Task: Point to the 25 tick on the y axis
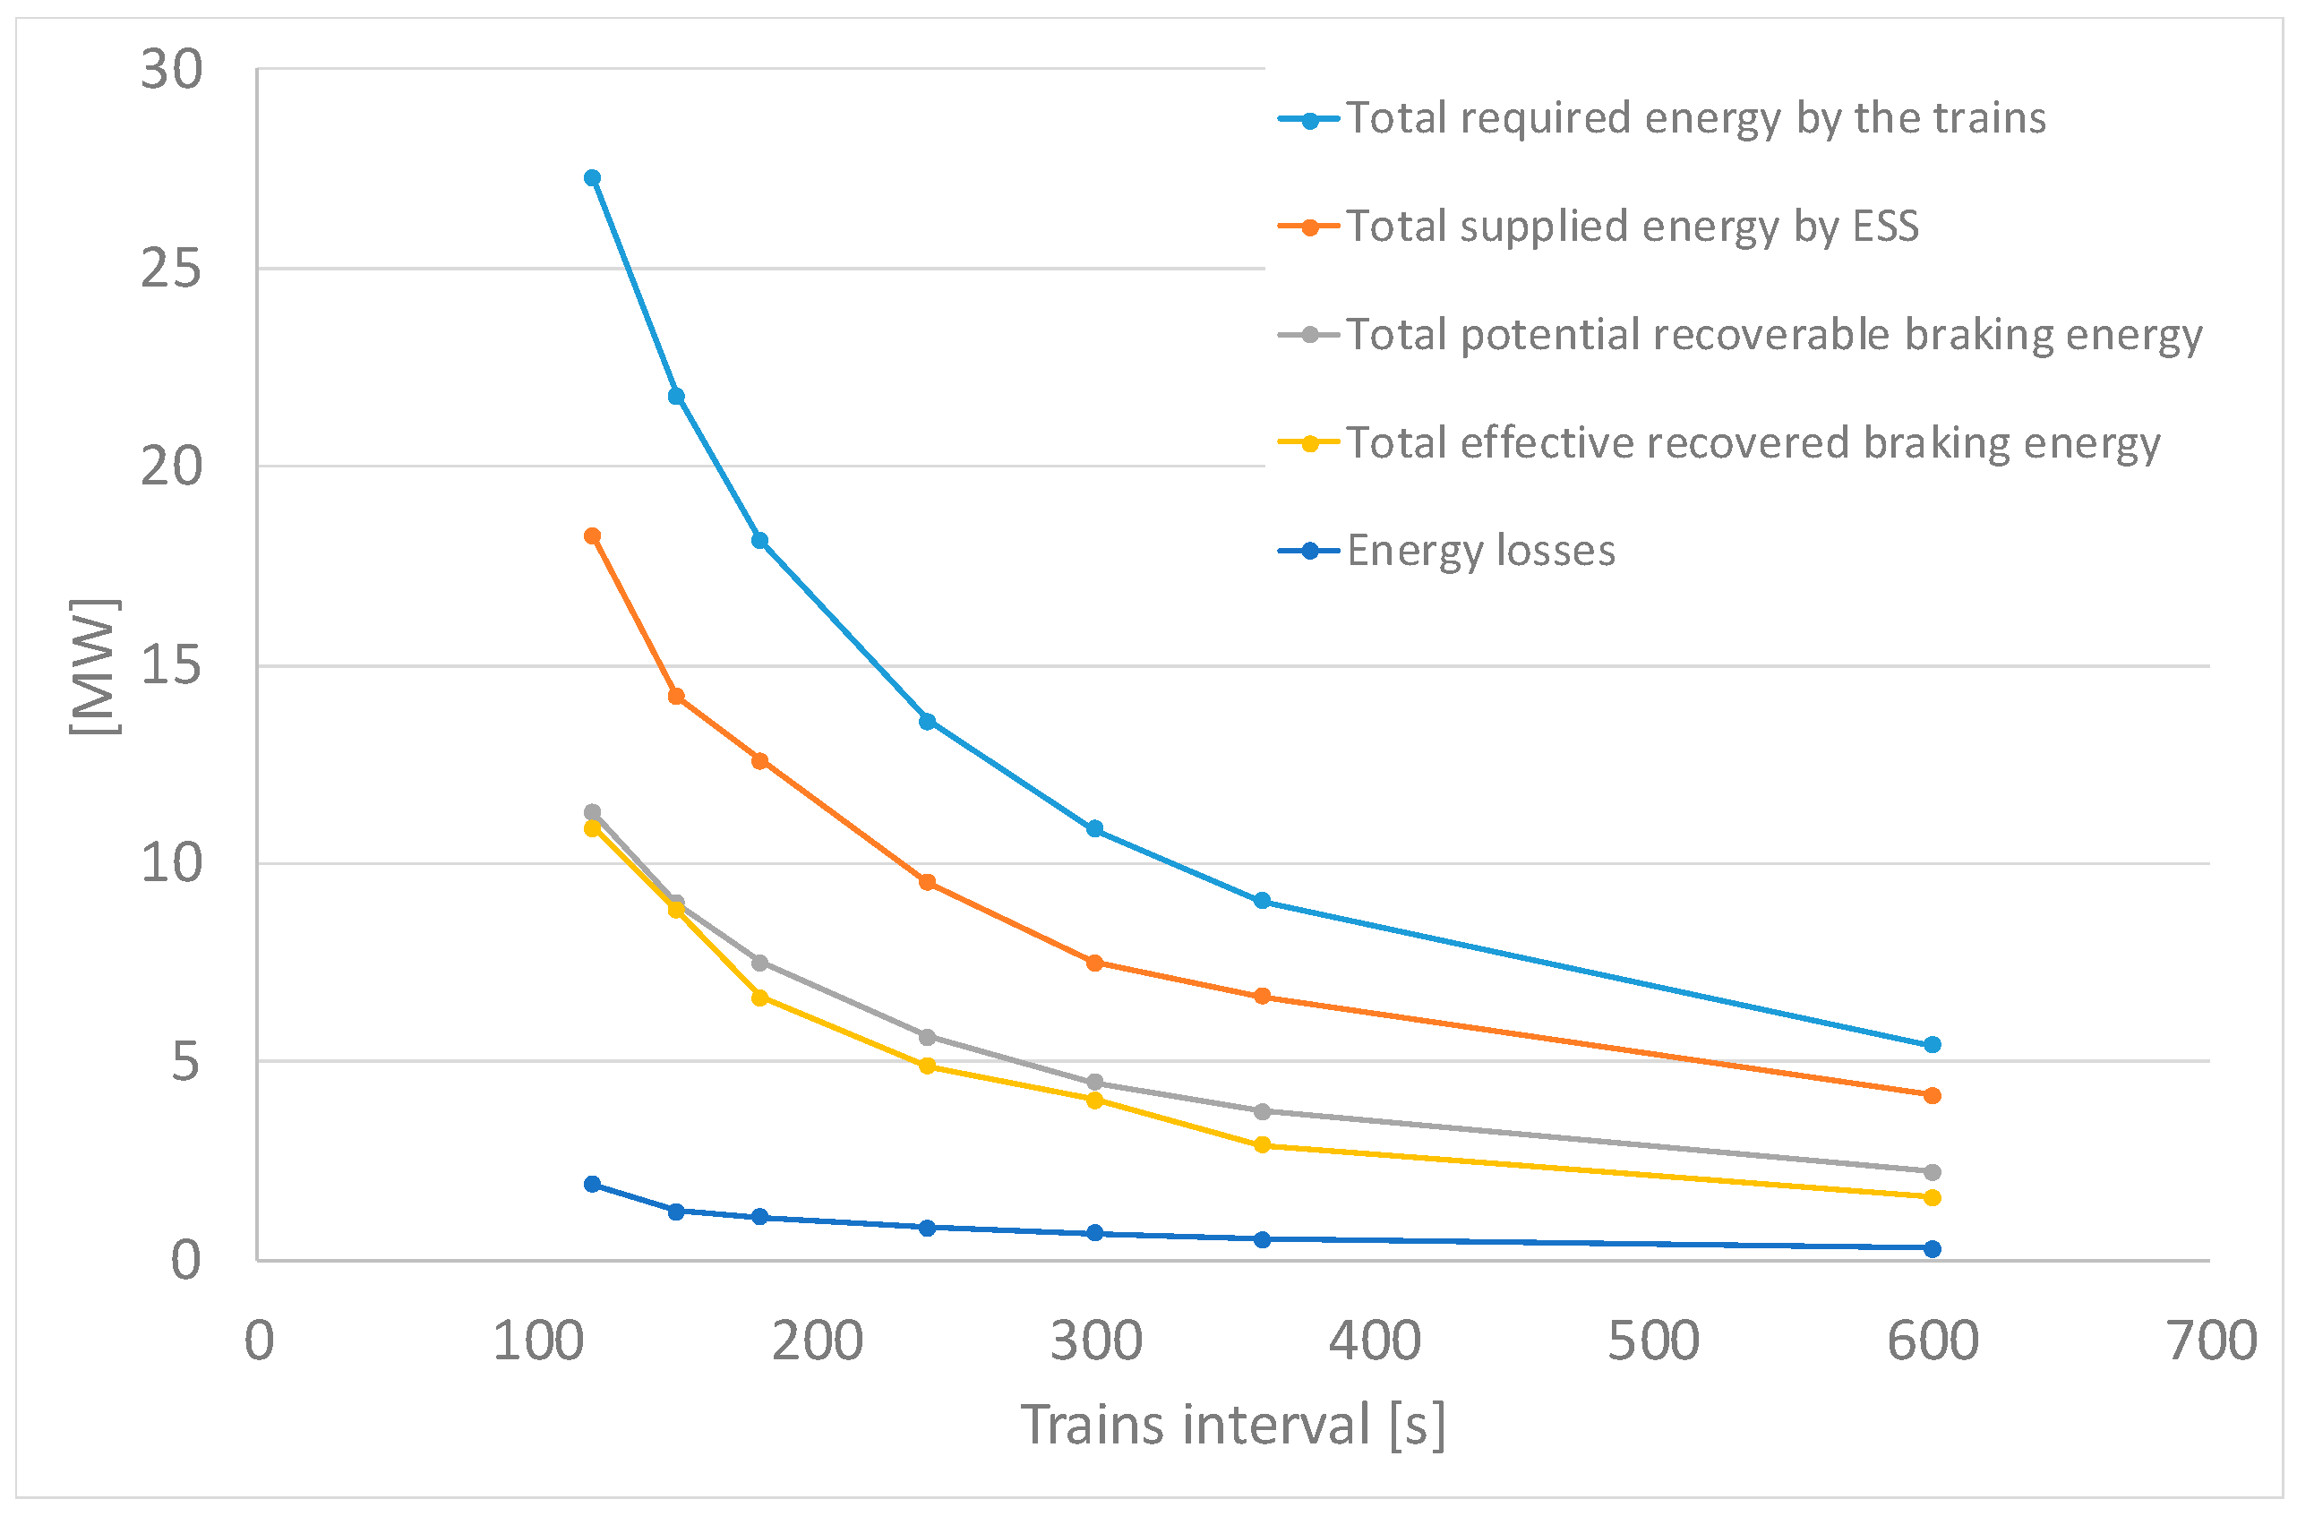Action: [x=171, y=268]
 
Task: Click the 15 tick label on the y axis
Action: [x=171, y=665]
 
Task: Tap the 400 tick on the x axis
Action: [x=1374, y=1342]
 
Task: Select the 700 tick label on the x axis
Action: [x=2211, y=1342]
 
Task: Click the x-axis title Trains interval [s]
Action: [x=1232, y=1426]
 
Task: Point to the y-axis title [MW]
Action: [x=95, y=667]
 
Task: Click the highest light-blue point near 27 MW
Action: [x=593, y=178]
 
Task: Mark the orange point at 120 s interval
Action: [x=593, y=536]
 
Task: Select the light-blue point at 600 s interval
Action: [x=1933, y=1045]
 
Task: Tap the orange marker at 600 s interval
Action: [x=1933, y=1096]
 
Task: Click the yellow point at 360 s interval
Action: [x=1263, y=1145]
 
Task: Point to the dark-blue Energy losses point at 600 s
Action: [x=1933, y=1249]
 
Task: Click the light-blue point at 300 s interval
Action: [x=1094, y=829]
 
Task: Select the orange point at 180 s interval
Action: [x=760, y=762]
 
